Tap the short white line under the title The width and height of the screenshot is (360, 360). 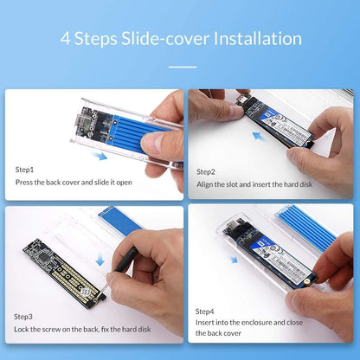point(180,67)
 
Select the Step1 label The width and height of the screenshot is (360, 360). point(26,170)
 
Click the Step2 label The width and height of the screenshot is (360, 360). point(206,171)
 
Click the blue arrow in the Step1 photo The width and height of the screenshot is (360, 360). point(101,157)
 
